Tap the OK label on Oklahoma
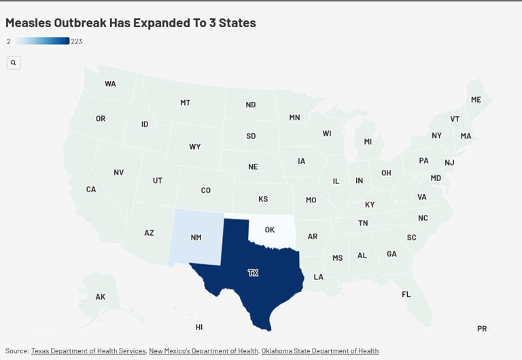coord(270,230)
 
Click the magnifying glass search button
coord(14,62)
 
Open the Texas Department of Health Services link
coord(88,351)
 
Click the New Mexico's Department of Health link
coord(203,351)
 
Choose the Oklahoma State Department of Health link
coord(319,351)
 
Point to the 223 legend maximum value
coord(77,41)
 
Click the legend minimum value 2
coord(9,41)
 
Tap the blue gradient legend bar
coord(42,41)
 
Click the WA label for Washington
coord(110,84)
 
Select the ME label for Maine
coord(476,100)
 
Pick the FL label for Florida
coord(406,294)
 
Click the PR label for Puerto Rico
coord(482,329)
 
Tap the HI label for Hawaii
coord(199,327)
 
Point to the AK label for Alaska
coord(101,297)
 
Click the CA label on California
coord(91,190)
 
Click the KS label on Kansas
coord(263,199)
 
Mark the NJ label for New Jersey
coord(449,162)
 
